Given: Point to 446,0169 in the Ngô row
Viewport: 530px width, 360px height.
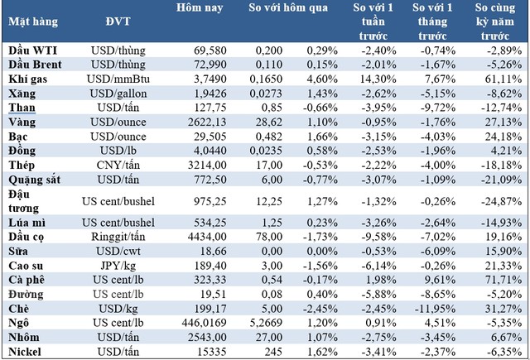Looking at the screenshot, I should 195,324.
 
